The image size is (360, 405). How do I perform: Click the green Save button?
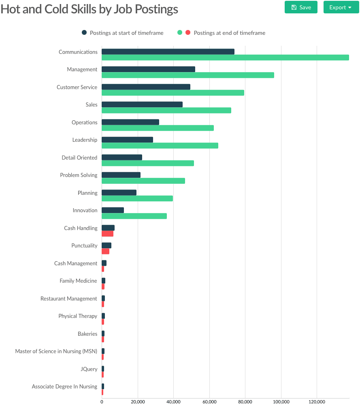pyautogui.click(x=301, y=7)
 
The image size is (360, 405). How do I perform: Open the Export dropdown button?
pyautogui.click(x=341, y=7)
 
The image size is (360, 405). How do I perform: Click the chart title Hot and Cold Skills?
pyautogui.click(x=89, y=9)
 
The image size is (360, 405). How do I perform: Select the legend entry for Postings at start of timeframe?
pyautogui.click(x=126, y=33)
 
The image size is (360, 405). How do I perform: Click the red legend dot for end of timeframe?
pyautogui.click(x=187, y=33)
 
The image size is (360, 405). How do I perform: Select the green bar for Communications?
pyautogui.click(x=225, y=58)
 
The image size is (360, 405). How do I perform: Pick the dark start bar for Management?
pyautogui.click(x=148, y=69)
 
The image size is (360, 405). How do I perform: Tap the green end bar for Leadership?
pyautogui.click(x=160, y=145)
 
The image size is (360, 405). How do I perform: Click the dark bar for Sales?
pyautogui.click(x=142, y=104)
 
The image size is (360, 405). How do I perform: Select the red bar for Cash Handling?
pyautogui.click(x=107, y=234)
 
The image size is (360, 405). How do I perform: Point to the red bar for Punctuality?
pyautogui.click(x=105, y=251)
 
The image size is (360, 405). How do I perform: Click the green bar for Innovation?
pyautogui.click(x=134, y=216)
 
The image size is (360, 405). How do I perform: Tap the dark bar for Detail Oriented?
pyautogui.click(x=122, y=157)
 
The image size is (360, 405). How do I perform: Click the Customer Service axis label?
pyautogui.click(x=77, y=87)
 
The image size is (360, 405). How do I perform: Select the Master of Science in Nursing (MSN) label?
pyautogui.click(x=56, y=351)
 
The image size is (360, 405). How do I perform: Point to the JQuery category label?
pyautogui.click(x=89, y=369)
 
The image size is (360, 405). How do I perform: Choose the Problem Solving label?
pyautogui.click(x=79, y=175)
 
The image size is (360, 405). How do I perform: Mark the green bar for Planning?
pyautogui.click(x=137, y=198)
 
